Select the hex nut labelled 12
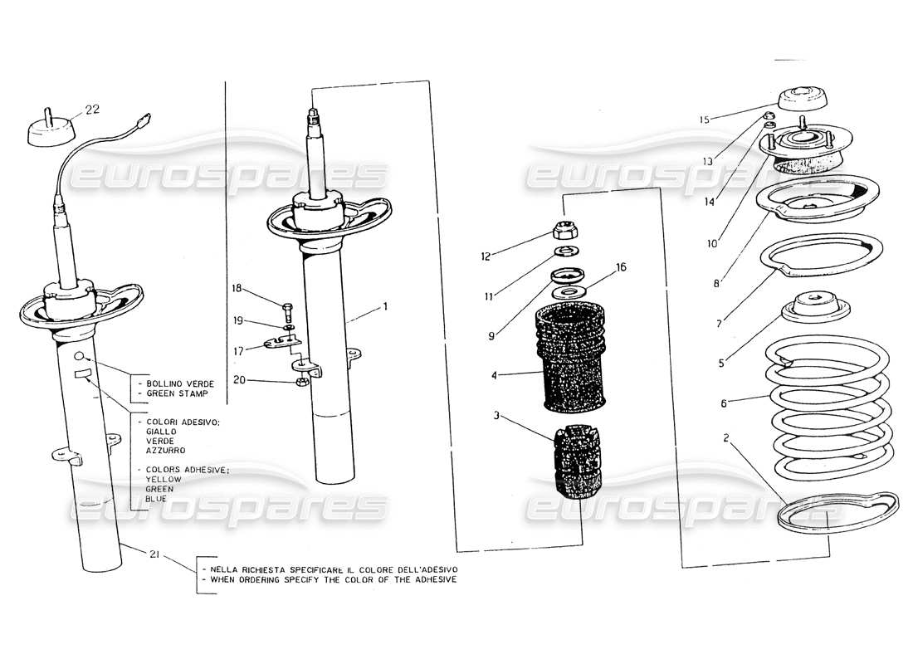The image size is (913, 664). pyautogui.click(x=566, y=230)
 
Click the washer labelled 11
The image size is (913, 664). pyautogui.click(x=567, y=251)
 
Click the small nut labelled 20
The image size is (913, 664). pyautogui.click(x=303, y=382)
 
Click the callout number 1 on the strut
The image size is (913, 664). pyautogui.click(x=384, y=306)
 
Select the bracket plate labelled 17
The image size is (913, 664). pyautogui.click(x=283, y=341)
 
